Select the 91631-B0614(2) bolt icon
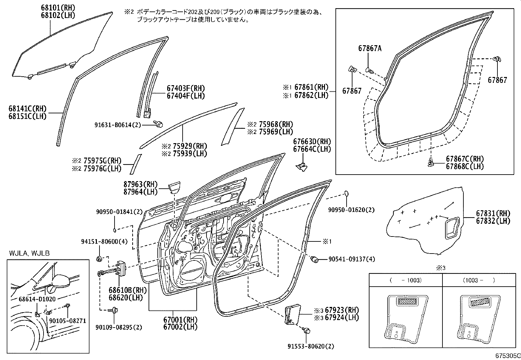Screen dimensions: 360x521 coord(159,124)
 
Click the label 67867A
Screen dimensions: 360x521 coord(370,48)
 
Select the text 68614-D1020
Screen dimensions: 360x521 coord(37,299)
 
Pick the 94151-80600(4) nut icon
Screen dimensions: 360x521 coord(99,259)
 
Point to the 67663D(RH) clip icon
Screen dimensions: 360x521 coord(302,165)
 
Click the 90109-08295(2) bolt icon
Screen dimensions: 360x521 coord(115,310)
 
